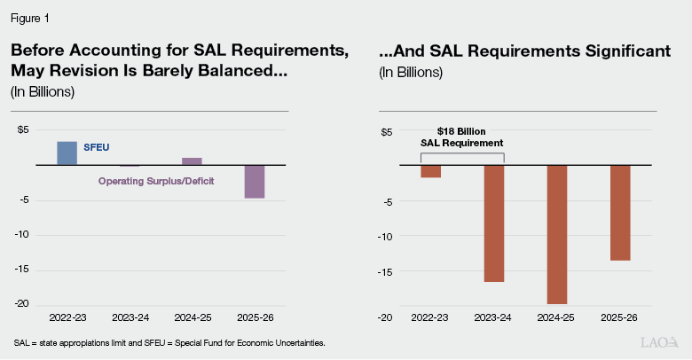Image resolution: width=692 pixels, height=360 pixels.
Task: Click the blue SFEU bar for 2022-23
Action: click(x=67, y=153)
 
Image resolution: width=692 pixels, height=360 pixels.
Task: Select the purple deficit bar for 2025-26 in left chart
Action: click(x=255, y=182)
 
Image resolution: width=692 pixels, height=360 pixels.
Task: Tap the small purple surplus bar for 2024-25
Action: click(x=192, y=161)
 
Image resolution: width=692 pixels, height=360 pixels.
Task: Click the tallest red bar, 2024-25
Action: click(x=557, y=235)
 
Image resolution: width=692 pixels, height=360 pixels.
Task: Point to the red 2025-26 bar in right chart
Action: click(x=619, y=213)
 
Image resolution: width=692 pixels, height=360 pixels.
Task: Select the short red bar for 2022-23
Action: click(x=431, y=171)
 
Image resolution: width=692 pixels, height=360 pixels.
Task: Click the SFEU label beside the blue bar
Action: click(x=97, y=147)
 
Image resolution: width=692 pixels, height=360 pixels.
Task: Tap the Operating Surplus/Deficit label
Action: click(x=156, y=181)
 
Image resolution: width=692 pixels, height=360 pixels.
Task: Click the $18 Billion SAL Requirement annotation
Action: click(x=461, y=136)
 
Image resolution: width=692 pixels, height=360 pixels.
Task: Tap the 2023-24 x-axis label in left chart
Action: click(x=130, y=316)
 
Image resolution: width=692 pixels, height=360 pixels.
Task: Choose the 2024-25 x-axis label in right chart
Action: click(x=557, y=317)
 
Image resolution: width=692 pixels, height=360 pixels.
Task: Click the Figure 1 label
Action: click(x=29, y=16)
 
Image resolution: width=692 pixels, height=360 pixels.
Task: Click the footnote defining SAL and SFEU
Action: click(x=169, y=342)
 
